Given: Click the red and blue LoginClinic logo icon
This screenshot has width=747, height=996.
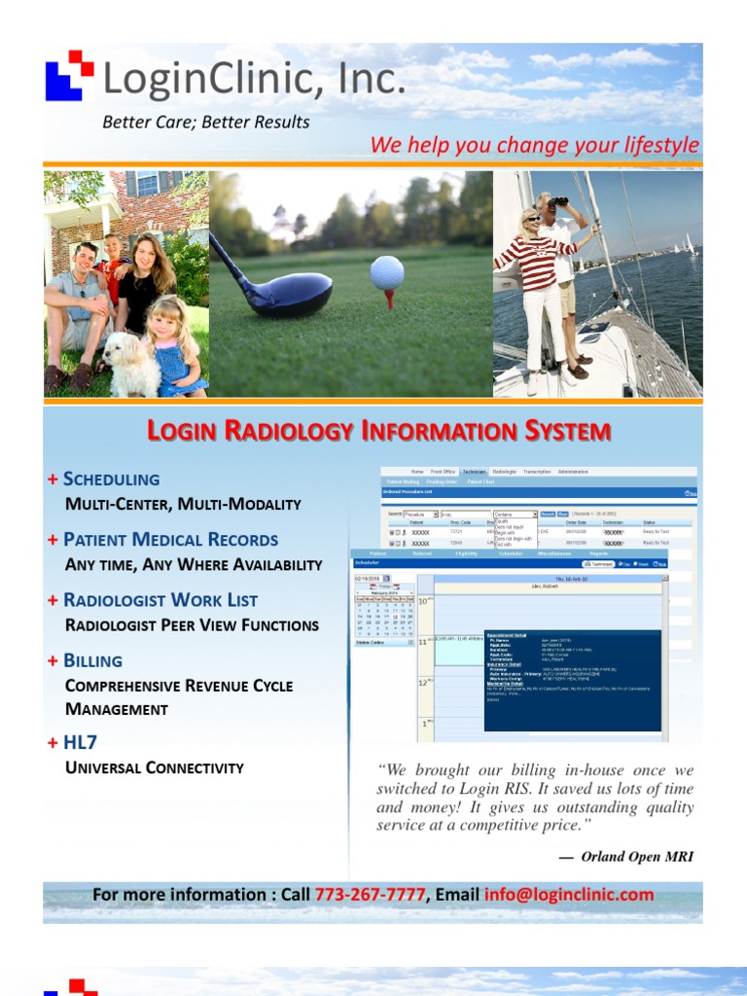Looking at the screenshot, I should coord(69,75).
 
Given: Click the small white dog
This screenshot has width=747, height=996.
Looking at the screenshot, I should coord(131,364).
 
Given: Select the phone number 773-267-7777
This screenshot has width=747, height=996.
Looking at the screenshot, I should coord(370,895).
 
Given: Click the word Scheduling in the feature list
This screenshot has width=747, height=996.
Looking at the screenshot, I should coord(111,479).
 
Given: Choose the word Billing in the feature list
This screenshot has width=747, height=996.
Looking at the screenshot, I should coord(92,660).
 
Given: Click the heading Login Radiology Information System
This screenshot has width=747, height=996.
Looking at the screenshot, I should coord(378,431).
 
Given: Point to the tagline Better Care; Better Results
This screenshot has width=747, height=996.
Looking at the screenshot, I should coord(206,123).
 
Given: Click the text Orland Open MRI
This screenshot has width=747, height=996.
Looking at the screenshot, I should coord(637,857).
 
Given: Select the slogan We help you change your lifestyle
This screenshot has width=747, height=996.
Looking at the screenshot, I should coord(534,146).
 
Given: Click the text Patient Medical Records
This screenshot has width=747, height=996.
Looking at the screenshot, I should coord(170,539).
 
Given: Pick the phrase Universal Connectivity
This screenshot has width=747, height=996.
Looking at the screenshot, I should coord(154,768).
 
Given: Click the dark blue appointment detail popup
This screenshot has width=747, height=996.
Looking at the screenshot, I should coord(572,678).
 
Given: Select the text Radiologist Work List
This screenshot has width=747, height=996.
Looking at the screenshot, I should coord(160,600).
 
